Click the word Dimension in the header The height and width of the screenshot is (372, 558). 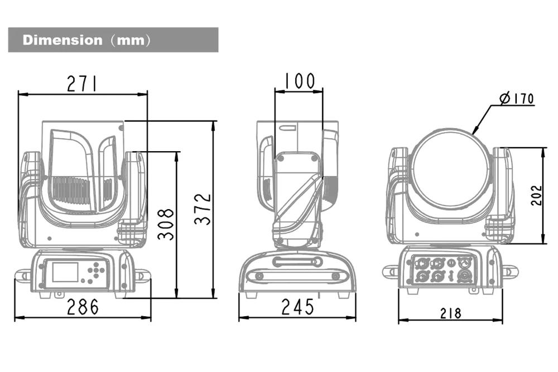click(62, 40)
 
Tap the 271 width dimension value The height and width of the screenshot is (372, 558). click(82, 84)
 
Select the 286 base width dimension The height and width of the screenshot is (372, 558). click(83, 307)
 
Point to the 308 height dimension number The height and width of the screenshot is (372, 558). click(166, 224)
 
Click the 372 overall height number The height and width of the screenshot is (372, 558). click(203, 209)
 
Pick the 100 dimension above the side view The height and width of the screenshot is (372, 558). click(299, 81)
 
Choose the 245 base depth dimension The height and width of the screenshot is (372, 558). click(297, 307)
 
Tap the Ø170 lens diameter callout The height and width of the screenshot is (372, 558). click(517, 98)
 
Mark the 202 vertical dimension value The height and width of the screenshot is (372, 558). click(537, 195)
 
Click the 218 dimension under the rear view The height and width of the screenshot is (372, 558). click(450, 313)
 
